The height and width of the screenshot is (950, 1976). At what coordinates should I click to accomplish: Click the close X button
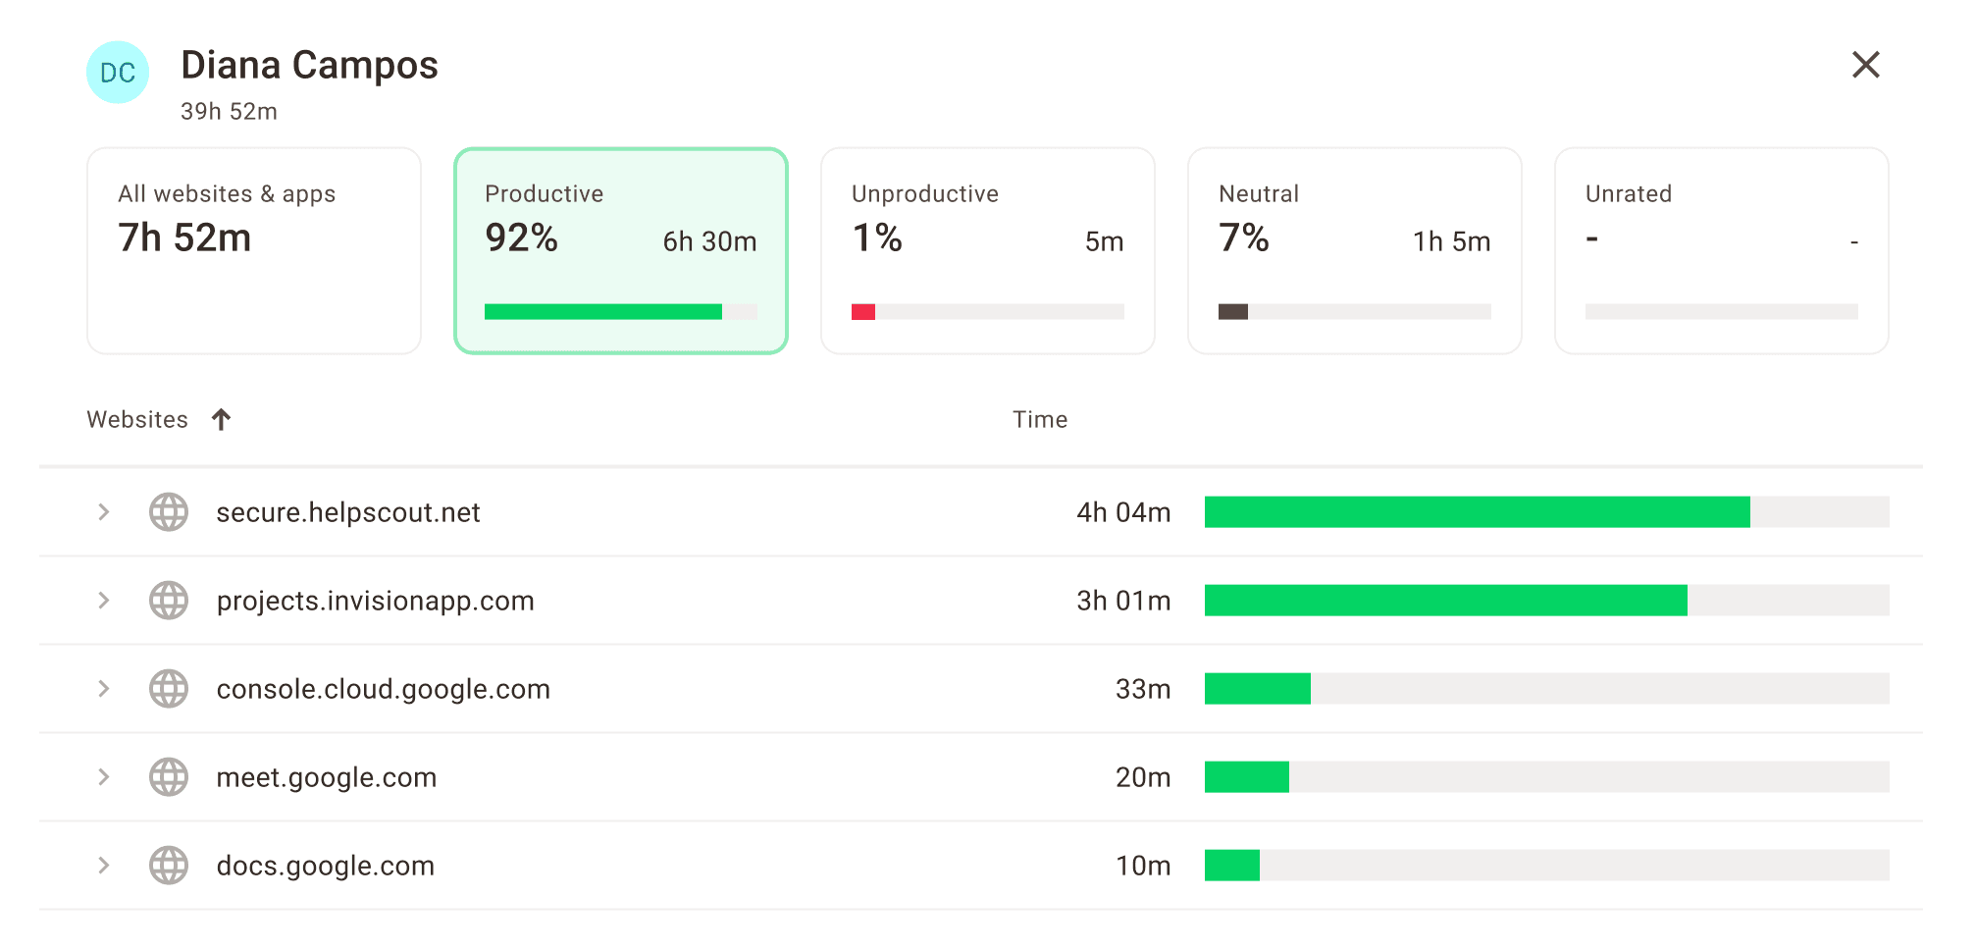(x=1865, y=65)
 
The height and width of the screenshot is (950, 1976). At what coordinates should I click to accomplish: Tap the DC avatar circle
(x=118, y=73)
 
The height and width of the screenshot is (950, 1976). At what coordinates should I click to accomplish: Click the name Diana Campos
(x=309, y=66)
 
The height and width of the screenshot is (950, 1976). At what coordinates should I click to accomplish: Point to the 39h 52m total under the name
(x=229, y=112)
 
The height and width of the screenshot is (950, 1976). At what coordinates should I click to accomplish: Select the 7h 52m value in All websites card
(x=184, y=238)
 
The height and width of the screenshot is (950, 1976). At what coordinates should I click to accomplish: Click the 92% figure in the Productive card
(x=521, y=238)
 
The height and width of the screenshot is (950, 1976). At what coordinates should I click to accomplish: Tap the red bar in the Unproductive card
(x=863, y=312)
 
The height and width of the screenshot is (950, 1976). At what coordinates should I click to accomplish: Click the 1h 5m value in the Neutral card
(x=1451, y=241)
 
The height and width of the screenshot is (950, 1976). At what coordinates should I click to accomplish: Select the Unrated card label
(x=1628, y=194)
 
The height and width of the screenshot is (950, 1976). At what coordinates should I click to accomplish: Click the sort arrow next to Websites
(x=222, y=420)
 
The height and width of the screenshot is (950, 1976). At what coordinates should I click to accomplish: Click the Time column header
(x=1040, y=420)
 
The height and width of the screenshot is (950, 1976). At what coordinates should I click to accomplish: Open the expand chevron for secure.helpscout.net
(x=104, y=512)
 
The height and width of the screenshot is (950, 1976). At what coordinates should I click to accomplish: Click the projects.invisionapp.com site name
(x=375, y=601)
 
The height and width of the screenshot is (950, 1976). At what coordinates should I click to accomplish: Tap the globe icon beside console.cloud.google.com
(x=169, y=689)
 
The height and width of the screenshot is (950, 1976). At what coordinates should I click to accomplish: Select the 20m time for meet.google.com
(x=1143, y=777)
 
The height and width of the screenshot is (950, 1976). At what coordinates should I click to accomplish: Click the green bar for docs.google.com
(x=1232, y=866)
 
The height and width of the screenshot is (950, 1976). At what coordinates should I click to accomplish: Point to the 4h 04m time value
(x=1123, y=512)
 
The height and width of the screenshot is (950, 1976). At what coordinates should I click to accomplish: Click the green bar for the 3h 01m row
(x=1445, y=601)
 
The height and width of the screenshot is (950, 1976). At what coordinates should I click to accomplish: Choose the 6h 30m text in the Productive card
(x=709, y=241)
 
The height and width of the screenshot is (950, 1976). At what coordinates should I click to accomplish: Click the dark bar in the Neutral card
(x=1233, y=312)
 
